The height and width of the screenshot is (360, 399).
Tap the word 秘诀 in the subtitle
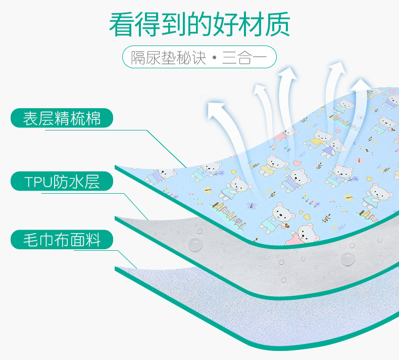194,57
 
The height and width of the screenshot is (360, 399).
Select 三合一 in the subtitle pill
244,57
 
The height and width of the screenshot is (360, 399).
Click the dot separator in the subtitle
215,58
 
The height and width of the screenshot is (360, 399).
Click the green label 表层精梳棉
62,119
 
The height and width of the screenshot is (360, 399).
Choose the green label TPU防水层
62,182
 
